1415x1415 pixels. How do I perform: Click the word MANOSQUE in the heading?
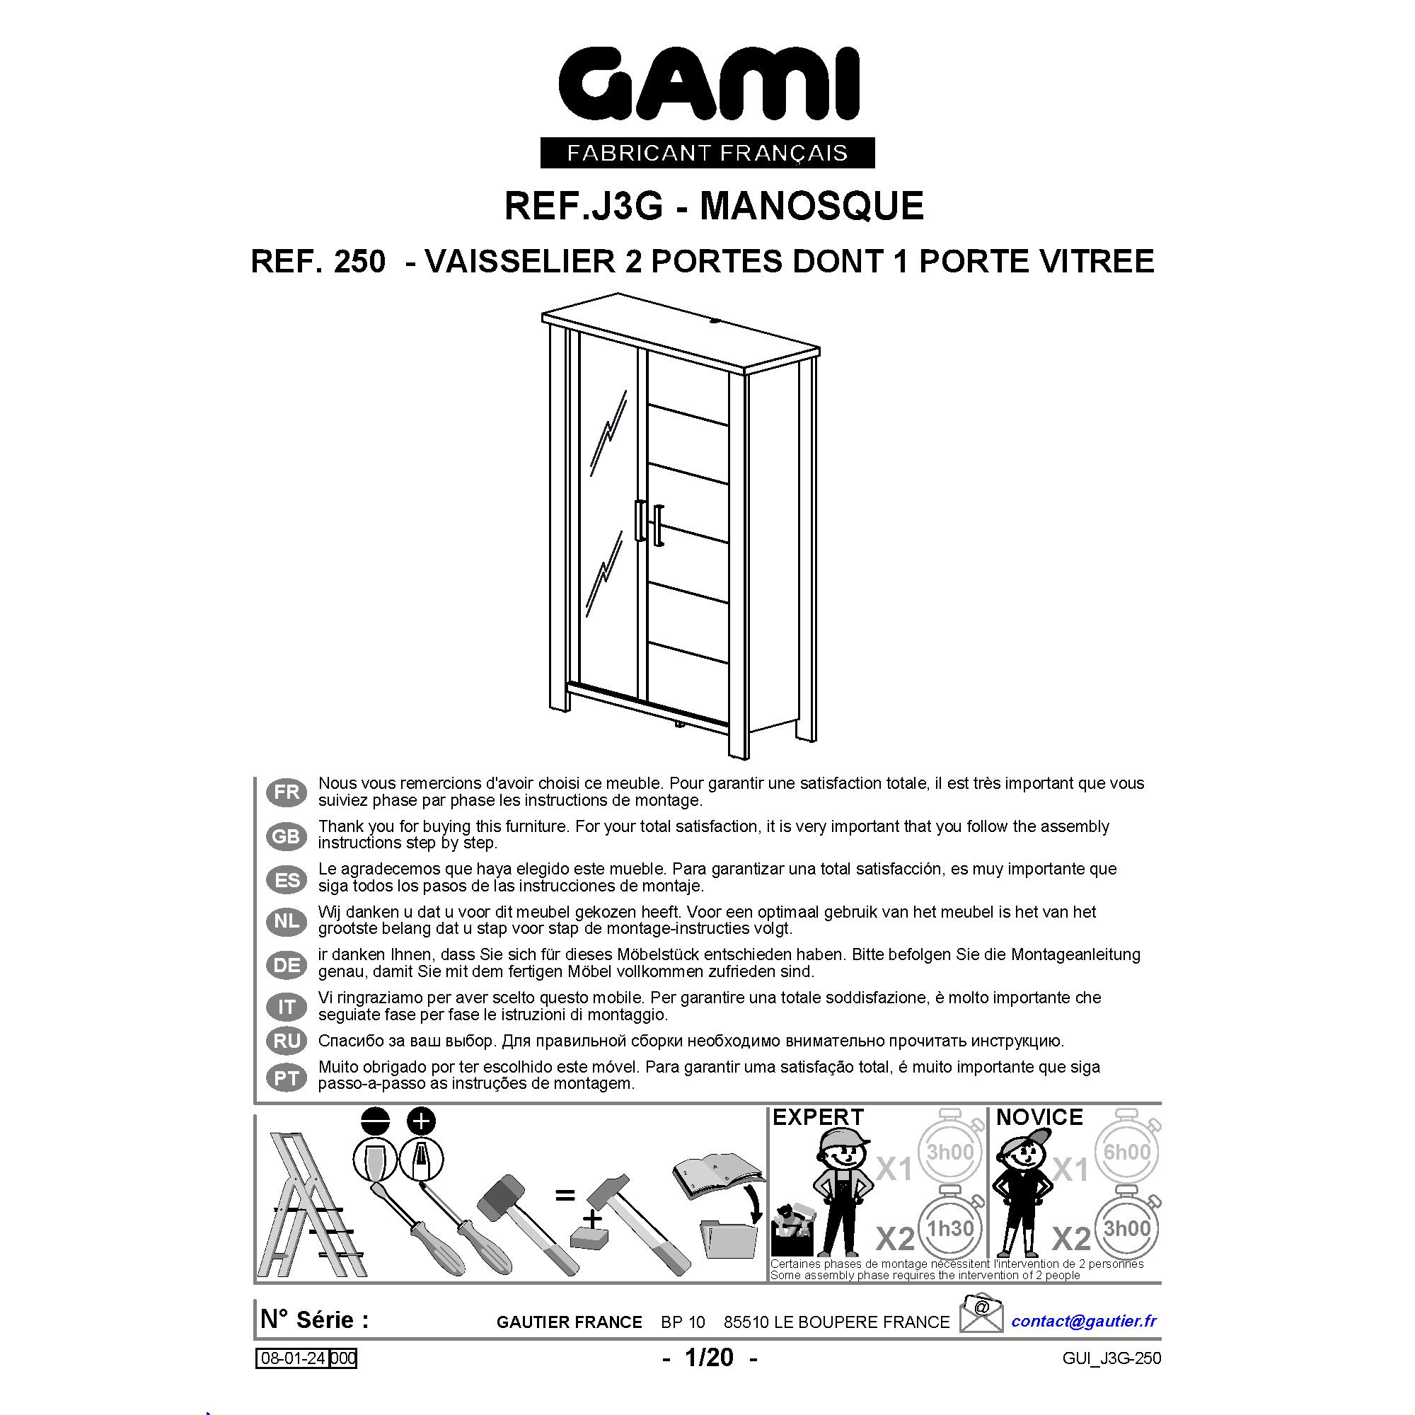pos(812,206)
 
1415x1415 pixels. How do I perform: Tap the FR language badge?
pos(287,792)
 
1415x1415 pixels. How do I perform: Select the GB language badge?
pos(287,836)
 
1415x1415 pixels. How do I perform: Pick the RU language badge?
pos(287,1041)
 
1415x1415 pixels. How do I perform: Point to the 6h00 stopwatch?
pos(1127,1150)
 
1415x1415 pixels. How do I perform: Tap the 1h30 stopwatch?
pos(950,1227)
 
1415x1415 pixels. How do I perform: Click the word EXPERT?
pos(818,1117)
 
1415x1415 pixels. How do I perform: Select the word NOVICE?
pos(1039,1117)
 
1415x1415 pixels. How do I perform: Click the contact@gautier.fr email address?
pos(1084,1321)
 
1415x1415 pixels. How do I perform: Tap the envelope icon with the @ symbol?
pos(981,1314)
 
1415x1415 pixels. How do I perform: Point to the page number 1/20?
pos(709,1357)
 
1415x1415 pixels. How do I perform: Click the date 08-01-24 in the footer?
pos(293,1358)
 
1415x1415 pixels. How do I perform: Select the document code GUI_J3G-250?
pos(1111,1358)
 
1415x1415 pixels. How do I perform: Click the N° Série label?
pos(315,1319)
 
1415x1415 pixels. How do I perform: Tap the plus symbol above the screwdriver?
pos(420,1121)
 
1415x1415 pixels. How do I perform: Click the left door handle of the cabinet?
pos(640,521)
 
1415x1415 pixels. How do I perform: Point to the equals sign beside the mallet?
pos(565,1196)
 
